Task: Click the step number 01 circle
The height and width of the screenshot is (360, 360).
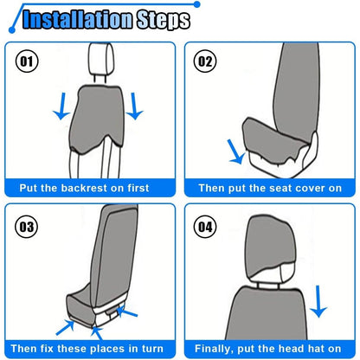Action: (x=26, y=61)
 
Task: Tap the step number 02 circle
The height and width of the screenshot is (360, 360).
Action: (x=205, y=61)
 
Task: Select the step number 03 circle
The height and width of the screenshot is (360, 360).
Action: (x=26, y=227)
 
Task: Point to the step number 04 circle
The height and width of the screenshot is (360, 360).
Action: (x=205, y=227)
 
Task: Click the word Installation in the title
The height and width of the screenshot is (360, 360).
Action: (x=78, y=19)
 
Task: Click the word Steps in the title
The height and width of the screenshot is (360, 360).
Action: (x=164, y=20)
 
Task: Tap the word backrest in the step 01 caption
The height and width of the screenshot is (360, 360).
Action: (x=85, y=188)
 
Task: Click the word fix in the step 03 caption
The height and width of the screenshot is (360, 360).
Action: (x=47, y=349)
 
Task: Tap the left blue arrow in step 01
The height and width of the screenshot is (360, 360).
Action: (x=61, y=106)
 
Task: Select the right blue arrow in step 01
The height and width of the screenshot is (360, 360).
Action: (x=134, y=106)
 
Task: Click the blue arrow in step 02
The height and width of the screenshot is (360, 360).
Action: (x=236, y=151)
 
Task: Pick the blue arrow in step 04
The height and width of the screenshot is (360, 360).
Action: (x=318, y=301)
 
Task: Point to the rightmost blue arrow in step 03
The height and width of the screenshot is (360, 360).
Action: (x=127, y=311)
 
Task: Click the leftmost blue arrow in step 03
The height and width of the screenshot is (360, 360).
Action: (x=65, y=328)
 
